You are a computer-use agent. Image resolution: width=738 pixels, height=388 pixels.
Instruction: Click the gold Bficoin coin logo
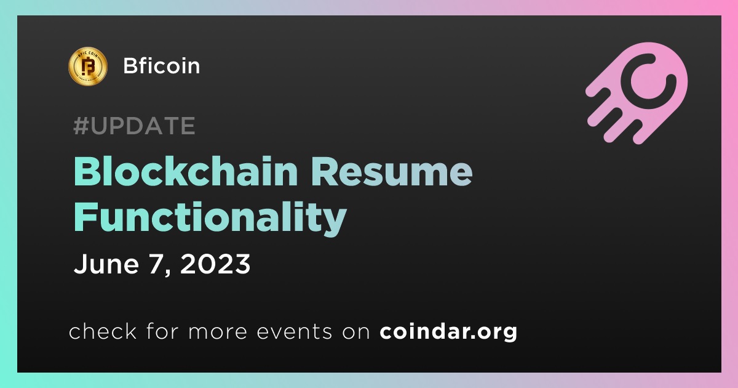point(87,66)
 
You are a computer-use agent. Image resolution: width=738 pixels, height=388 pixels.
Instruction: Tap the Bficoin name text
point(161,66)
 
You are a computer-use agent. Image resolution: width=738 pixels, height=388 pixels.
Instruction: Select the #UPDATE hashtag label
point(135,126)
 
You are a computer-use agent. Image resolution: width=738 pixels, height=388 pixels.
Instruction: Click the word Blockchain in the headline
point(186,172)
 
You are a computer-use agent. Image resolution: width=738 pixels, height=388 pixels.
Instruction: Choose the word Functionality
point(210,217)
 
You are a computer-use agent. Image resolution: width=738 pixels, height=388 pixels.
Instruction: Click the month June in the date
point(106,264)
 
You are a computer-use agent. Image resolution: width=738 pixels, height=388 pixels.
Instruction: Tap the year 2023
point(215,264)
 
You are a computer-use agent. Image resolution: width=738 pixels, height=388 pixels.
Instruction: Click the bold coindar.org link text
point(448,331)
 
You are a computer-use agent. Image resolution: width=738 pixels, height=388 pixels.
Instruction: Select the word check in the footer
point(103,331)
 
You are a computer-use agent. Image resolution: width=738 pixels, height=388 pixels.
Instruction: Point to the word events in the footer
point(295,332)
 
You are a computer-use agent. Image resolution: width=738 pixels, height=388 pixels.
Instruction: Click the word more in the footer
point(218,333)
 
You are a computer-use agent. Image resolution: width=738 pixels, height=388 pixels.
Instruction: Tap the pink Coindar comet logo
point(637,93)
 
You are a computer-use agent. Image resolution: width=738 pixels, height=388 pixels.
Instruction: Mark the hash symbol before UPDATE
point(81,126)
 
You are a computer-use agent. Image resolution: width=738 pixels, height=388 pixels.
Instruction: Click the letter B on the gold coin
point(88,66)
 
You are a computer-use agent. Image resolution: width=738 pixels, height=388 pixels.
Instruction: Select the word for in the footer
point(162,331)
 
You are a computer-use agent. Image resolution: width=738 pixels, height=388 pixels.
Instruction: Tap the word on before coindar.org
point(356,333)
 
